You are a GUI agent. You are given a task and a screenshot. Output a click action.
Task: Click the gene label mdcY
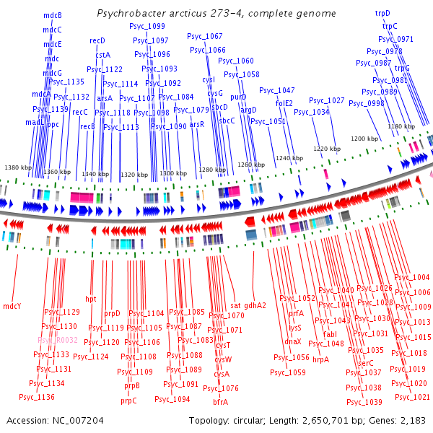click(12, 306)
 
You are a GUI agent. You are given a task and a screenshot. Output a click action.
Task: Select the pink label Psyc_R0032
click(58, 339)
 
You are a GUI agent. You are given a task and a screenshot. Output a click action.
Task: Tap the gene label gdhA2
click(255, 305)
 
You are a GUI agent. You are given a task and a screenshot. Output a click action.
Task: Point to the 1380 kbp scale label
click(18, 167)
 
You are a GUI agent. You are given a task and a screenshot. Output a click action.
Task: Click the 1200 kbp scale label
click(364, 138)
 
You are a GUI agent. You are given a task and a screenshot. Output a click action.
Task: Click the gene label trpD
click(382, 13)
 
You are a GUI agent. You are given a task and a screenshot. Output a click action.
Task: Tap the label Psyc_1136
click(37, 397)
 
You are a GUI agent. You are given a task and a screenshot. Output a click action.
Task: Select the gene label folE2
click(284, 103)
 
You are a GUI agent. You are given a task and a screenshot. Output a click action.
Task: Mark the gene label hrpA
click(321, 359)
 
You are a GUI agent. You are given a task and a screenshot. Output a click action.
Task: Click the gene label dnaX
click(293, 341)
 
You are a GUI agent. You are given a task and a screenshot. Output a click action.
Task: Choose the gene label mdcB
click(52, 15)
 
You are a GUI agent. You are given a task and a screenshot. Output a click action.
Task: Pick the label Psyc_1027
click(327, 100)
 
